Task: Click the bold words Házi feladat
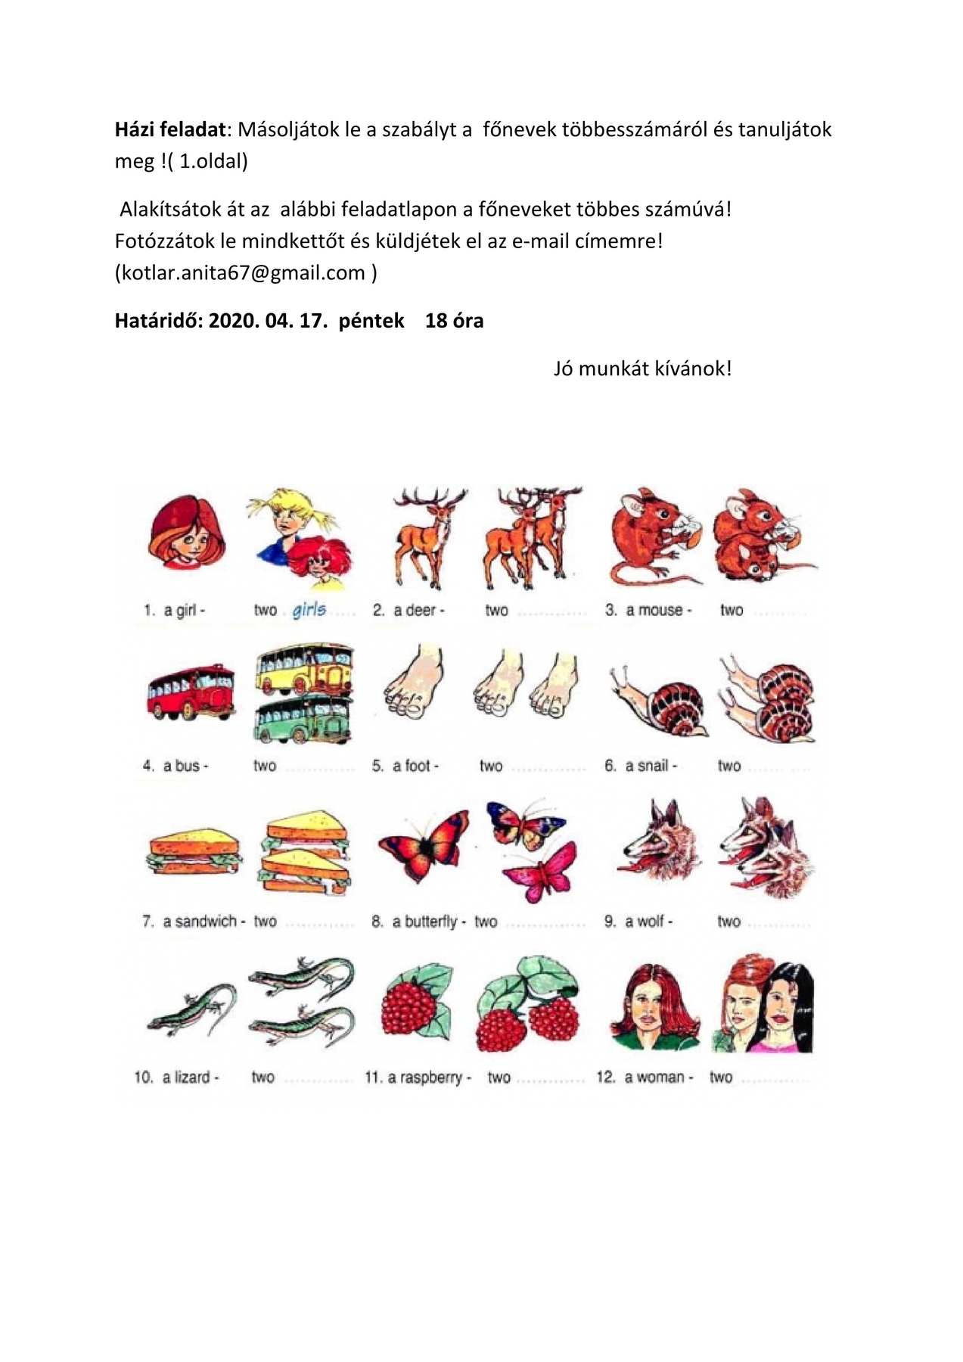pyautogui.click(x=170, y=129)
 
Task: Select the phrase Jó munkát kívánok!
pyautogui.click(x=642, y=368)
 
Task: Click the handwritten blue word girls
pyautogui.click(x=309, y=609)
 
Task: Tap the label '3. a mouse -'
pyautogui.click(x=648, y=610)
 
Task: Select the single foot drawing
pyautogui.click(x=412, y=683)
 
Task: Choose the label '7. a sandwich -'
pyautogui.click(x=194, y=921)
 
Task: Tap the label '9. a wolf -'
pyautogui.click(x=638, y=921)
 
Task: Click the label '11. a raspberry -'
pyautogui.click(x=418, y=1077)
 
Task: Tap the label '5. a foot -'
pyautogui.click(x=405, y=766)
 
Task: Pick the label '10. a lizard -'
pyautogui.click(x=177, y=1077)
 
